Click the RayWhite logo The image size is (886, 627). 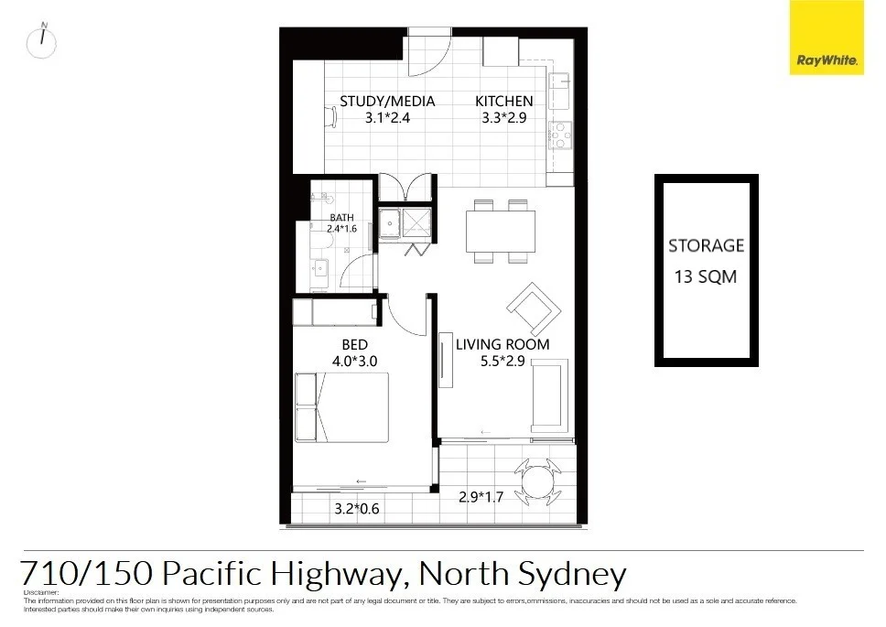pos(827,37)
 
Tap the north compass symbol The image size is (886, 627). pos(42,42)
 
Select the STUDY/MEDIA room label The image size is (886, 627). pos(387,102)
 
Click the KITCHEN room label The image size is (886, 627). pos(503,102)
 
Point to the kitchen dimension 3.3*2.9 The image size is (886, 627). pos(503,118)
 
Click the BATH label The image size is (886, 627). pos(340,217)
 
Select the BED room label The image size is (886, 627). pos(354,344)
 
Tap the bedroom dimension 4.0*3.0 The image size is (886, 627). pos(354,361)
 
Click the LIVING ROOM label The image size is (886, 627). pos(502,344)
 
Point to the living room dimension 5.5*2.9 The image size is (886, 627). pos(502,361)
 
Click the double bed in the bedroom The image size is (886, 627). pos(342,408)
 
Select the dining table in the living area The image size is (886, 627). pos(500,231)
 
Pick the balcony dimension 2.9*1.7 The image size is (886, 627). pos(481,498)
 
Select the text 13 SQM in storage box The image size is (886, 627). pos(705,276)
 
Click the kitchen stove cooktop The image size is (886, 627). pos(559,135)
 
